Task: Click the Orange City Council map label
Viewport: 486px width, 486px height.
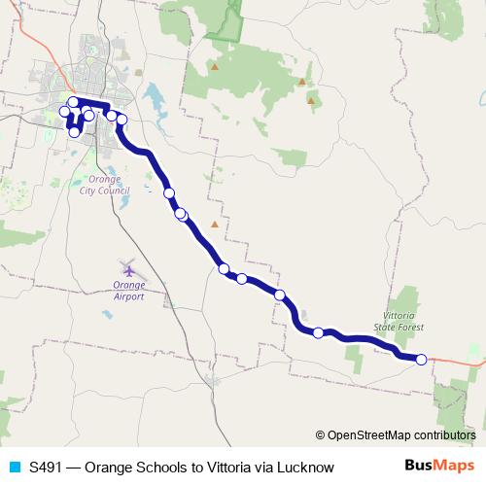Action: click(x=105, y=186)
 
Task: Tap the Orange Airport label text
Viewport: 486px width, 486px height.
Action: click(x=128, y=291)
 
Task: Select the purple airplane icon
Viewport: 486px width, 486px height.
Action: click(x=128, y=269)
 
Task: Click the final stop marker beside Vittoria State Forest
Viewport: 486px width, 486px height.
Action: click(x=421, y=360)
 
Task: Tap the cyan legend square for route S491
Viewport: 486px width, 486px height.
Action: click(x=13, y=468)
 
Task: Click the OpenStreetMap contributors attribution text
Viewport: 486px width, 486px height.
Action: click(x=401, y=436)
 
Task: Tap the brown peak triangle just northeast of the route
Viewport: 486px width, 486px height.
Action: click(x=215, y=224)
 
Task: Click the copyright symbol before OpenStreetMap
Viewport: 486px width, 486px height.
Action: click(x=320, y=436)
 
